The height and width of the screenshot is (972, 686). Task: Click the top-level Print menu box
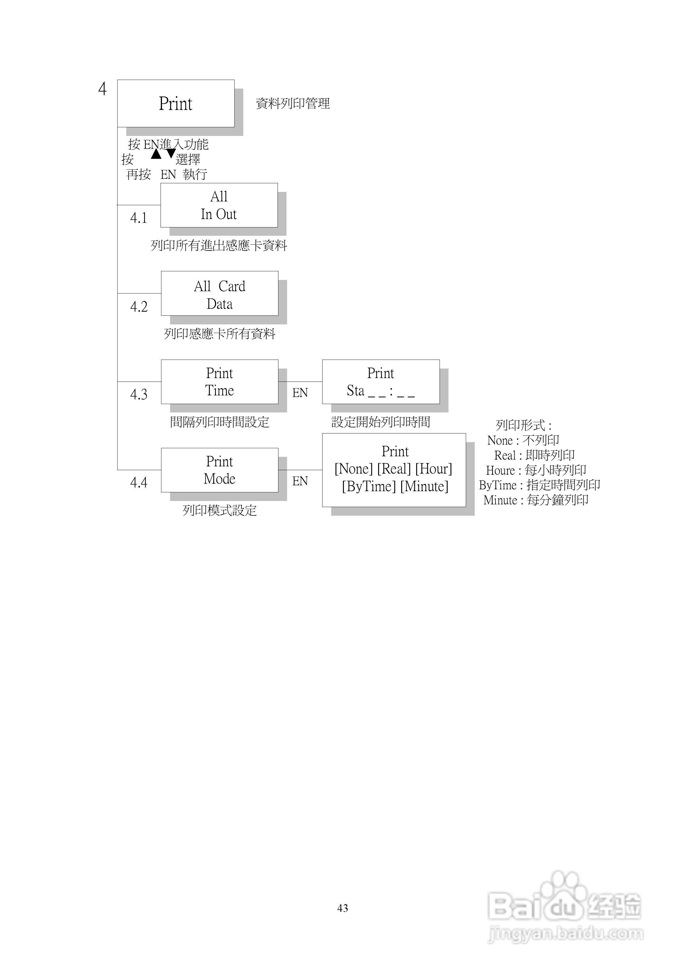tap(176, 103)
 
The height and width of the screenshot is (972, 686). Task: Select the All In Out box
tap(219, 205)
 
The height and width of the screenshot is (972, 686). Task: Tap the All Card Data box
tap(220, 294)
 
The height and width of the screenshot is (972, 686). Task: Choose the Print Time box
tap(220, 382)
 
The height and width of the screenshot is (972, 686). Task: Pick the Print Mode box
tap(220, 470)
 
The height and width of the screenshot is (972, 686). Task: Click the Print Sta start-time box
tap(381, 382)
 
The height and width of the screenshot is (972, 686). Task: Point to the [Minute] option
tap(424, 486)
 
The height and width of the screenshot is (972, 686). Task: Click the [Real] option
tap(394, 469)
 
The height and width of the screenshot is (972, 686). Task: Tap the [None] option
tap(354, 469)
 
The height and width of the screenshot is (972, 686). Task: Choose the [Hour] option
tap(434, 469)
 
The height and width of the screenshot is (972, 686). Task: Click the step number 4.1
tap(139, 218)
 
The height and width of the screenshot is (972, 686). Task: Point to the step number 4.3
tap(139, 395)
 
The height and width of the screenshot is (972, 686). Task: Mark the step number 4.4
tap(139, 483)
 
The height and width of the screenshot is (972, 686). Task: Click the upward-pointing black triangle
tap(156, 154)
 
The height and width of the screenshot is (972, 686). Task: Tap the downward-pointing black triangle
tap(171, 153)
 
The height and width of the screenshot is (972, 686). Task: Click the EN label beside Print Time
tap(300, 393)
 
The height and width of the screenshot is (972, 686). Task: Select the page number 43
tap(343, 908)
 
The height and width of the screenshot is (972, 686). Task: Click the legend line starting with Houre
tap(536, 470)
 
